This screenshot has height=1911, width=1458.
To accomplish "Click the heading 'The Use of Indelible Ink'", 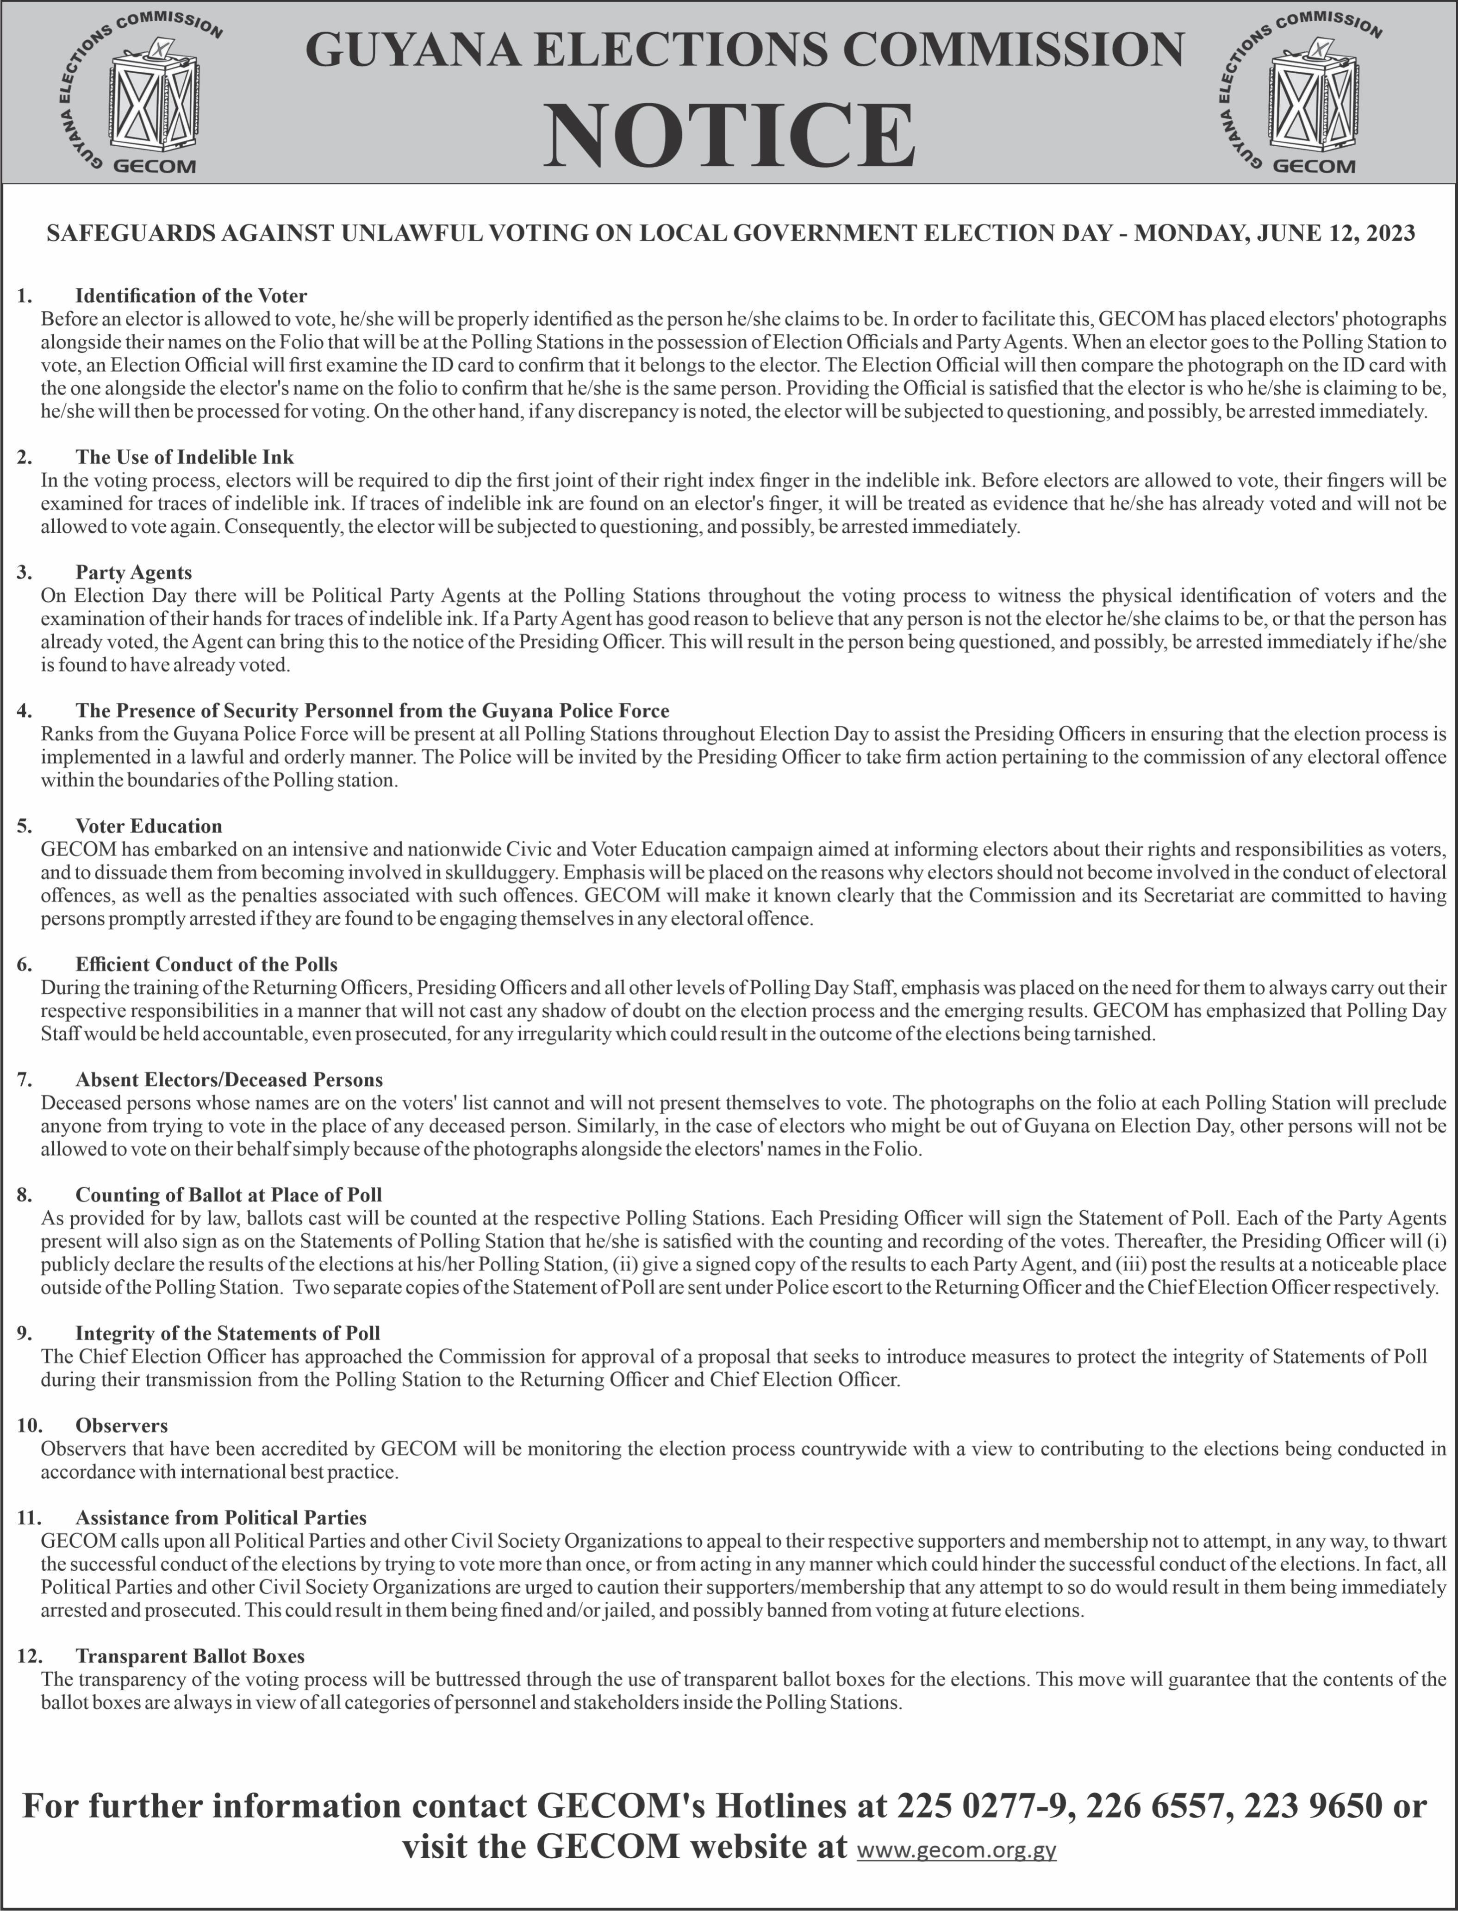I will click(184, 457).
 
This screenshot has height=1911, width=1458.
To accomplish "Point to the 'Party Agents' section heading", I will click(134, 573).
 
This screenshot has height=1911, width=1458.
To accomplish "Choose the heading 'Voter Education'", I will click(149, 826).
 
